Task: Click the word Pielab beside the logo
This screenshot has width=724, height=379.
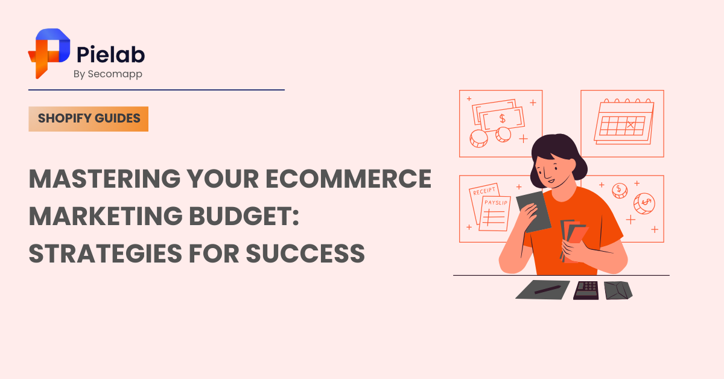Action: pyautogui.click(x=111, y=55)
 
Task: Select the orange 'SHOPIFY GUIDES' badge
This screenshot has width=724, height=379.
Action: pyautogui.click(x=89, y=119)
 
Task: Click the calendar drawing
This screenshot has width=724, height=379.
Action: pyautogui.click(x=623, y=121)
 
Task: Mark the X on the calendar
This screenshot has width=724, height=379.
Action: pyautogui.click(x=631, y=125)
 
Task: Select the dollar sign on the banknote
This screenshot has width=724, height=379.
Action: pyautogui.click(x=502, y=119)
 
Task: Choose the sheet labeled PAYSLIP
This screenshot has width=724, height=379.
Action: pyautogui.click(x=495, y=213)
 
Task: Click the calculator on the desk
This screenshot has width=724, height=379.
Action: pyautogui.click(x=586, y=290)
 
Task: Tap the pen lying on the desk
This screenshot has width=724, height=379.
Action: pyautogui.click(x=547, y=289)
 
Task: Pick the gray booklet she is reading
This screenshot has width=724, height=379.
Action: pyautogui.click(x=533, y=211)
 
